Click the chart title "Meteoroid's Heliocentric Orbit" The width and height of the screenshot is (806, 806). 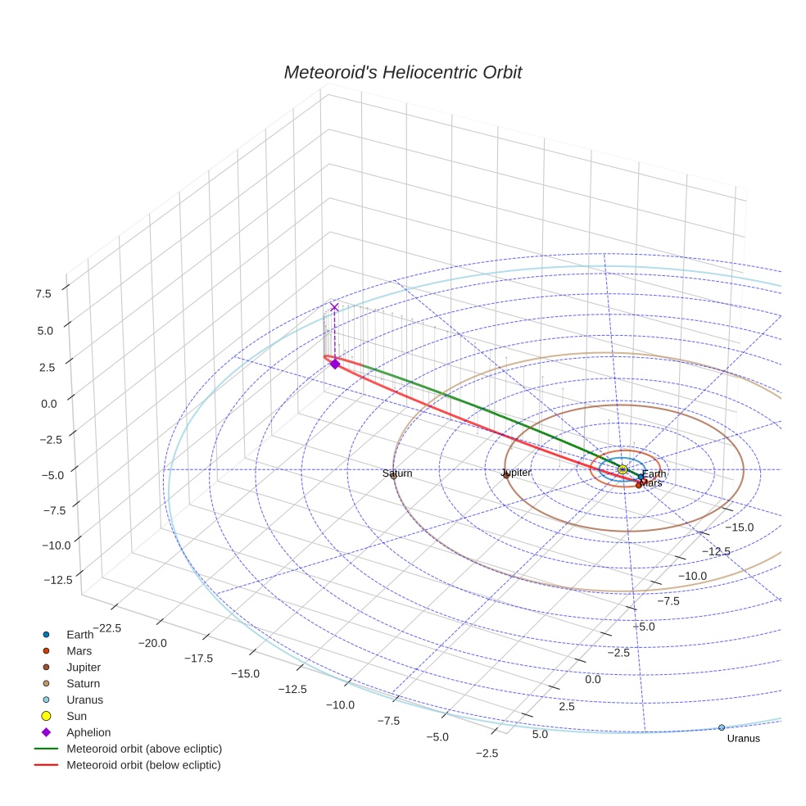tap(402, 73)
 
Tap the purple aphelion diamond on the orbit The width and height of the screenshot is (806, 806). tap(334, 364)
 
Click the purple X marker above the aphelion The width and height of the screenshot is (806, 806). tap(334, 307)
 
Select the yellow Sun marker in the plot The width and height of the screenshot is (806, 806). tap(623, 469)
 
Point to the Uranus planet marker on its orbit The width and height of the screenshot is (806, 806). tap(722, 727)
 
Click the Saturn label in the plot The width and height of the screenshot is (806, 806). tap(397, 473)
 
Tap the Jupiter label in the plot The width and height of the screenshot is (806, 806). tap(516, 473)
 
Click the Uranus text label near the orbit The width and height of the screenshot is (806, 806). tap(744, 739)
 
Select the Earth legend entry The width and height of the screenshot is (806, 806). tap(79, 635)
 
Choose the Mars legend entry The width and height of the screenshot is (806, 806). tap(79, 651)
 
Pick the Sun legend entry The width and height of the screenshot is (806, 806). tap(76, 716)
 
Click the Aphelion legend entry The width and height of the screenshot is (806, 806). tap(88, 732)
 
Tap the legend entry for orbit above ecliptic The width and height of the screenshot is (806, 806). tap(143, 749)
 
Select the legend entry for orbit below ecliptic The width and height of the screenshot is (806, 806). tap(143, 765)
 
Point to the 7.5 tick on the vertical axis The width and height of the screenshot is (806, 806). tap(43, 294)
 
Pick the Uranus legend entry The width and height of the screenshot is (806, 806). tap(84, 700)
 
